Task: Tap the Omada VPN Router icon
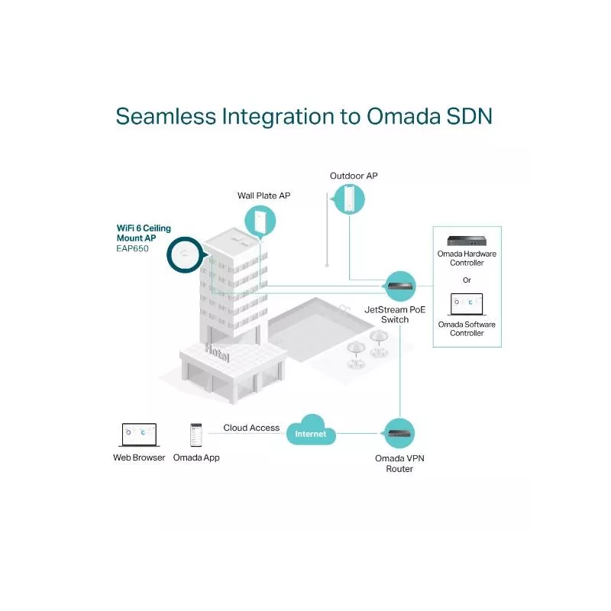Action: click(x=400, y=434)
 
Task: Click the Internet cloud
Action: click(x=311, y=432)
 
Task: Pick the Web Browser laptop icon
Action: click(x=138, y=435)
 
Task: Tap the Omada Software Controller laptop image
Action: click(x=467, y=305)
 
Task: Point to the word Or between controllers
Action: click(x=467, y=280)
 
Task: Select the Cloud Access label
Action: click(x=251, y=428)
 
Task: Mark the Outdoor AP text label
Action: click(x=354, y=176)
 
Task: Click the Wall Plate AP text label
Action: click(x=263, y=196)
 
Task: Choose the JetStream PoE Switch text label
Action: click(x=394, y=315)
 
